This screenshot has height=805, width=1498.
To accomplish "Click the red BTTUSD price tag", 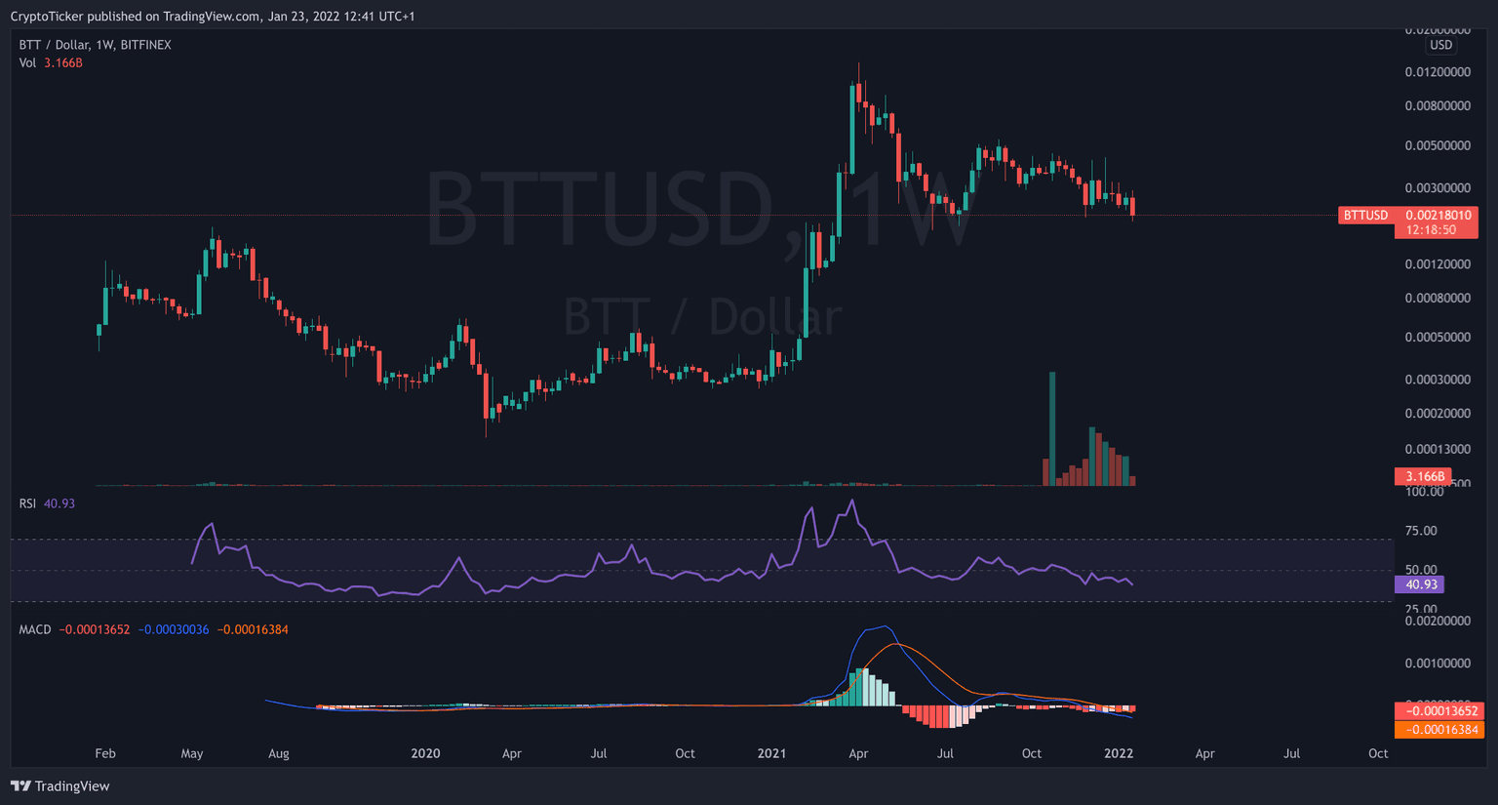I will click(x=1365, y=215).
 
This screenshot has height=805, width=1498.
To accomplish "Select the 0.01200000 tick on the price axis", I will click(x=1438, y=72).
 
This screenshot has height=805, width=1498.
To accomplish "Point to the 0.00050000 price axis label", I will click(x=1438, y=338).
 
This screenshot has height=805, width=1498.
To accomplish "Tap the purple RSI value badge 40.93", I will click(x=1421, y=584).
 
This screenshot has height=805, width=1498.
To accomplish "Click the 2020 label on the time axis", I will click(x=425, y=753).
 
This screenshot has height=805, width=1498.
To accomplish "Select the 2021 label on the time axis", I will click(x=771, y=753).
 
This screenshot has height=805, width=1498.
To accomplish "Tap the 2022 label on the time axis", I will click(x=1118, y=753).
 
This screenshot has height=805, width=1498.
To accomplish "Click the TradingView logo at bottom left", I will click(x=60, y=786).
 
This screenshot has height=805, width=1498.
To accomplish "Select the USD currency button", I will click(x=1440, y=45).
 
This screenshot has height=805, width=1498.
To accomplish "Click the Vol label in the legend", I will click(x=27, y=62).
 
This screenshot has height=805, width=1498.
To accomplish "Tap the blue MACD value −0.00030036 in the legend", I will click(x=174, y=629).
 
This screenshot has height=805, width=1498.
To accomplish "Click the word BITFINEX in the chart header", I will click(x=145, y=45).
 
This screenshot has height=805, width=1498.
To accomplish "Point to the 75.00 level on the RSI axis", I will click(x=1420, y=531).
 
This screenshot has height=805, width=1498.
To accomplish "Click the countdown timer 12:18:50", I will click(x=1431, y=230).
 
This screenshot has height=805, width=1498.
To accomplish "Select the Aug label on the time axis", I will click(x=279, y=753).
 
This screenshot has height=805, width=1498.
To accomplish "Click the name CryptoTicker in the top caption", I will click(x=47, y=16).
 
